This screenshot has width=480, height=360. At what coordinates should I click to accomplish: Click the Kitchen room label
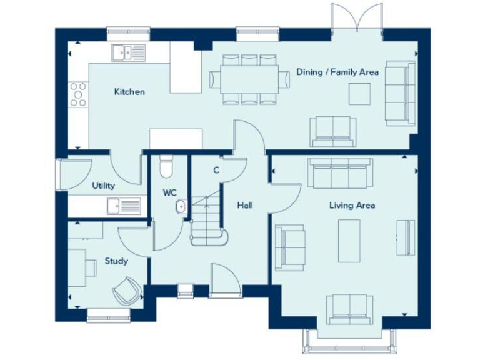click(x=129, y=92)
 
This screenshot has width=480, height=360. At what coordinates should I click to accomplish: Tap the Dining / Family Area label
click(x=337, y=72)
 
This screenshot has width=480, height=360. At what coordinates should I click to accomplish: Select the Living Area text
click(x=352, y=205)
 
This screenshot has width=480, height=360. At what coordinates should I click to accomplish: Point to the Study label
click(x=116, y=261)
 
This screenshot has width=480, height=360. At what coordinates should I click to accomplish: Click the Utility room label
click(x=103, y=186)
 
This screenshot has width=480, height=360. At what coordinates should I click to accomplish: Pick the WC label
click(x=170, y=193)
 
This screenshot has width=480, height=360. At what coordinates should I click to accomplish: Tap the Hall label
click(x=244, y=205)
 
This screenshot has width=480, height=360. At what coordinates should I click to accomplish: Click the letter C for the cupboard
click(x=216, y=170)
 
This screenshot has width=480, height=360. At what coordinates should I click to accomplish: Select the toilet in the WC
click(x=166, y=166)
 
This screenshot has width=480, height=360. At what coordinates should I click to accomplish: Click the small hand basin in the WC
click(x=181, y=206)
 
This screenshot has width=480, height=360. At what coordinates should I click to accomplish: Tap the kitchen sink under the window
click(x=128, y=52)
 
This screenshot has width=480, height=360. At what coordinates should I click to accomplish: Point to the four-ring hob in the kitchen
click(x=79, y=94)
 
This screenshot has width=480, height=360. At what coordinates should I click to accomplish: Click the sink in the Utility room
click(x=124, y=205)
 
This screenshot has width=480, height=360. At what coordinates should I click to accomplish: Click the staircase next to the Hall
click(x=207, y=219)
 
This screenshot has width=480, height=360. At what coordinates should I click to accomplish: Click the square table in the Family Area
click(x=359, y=94)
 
